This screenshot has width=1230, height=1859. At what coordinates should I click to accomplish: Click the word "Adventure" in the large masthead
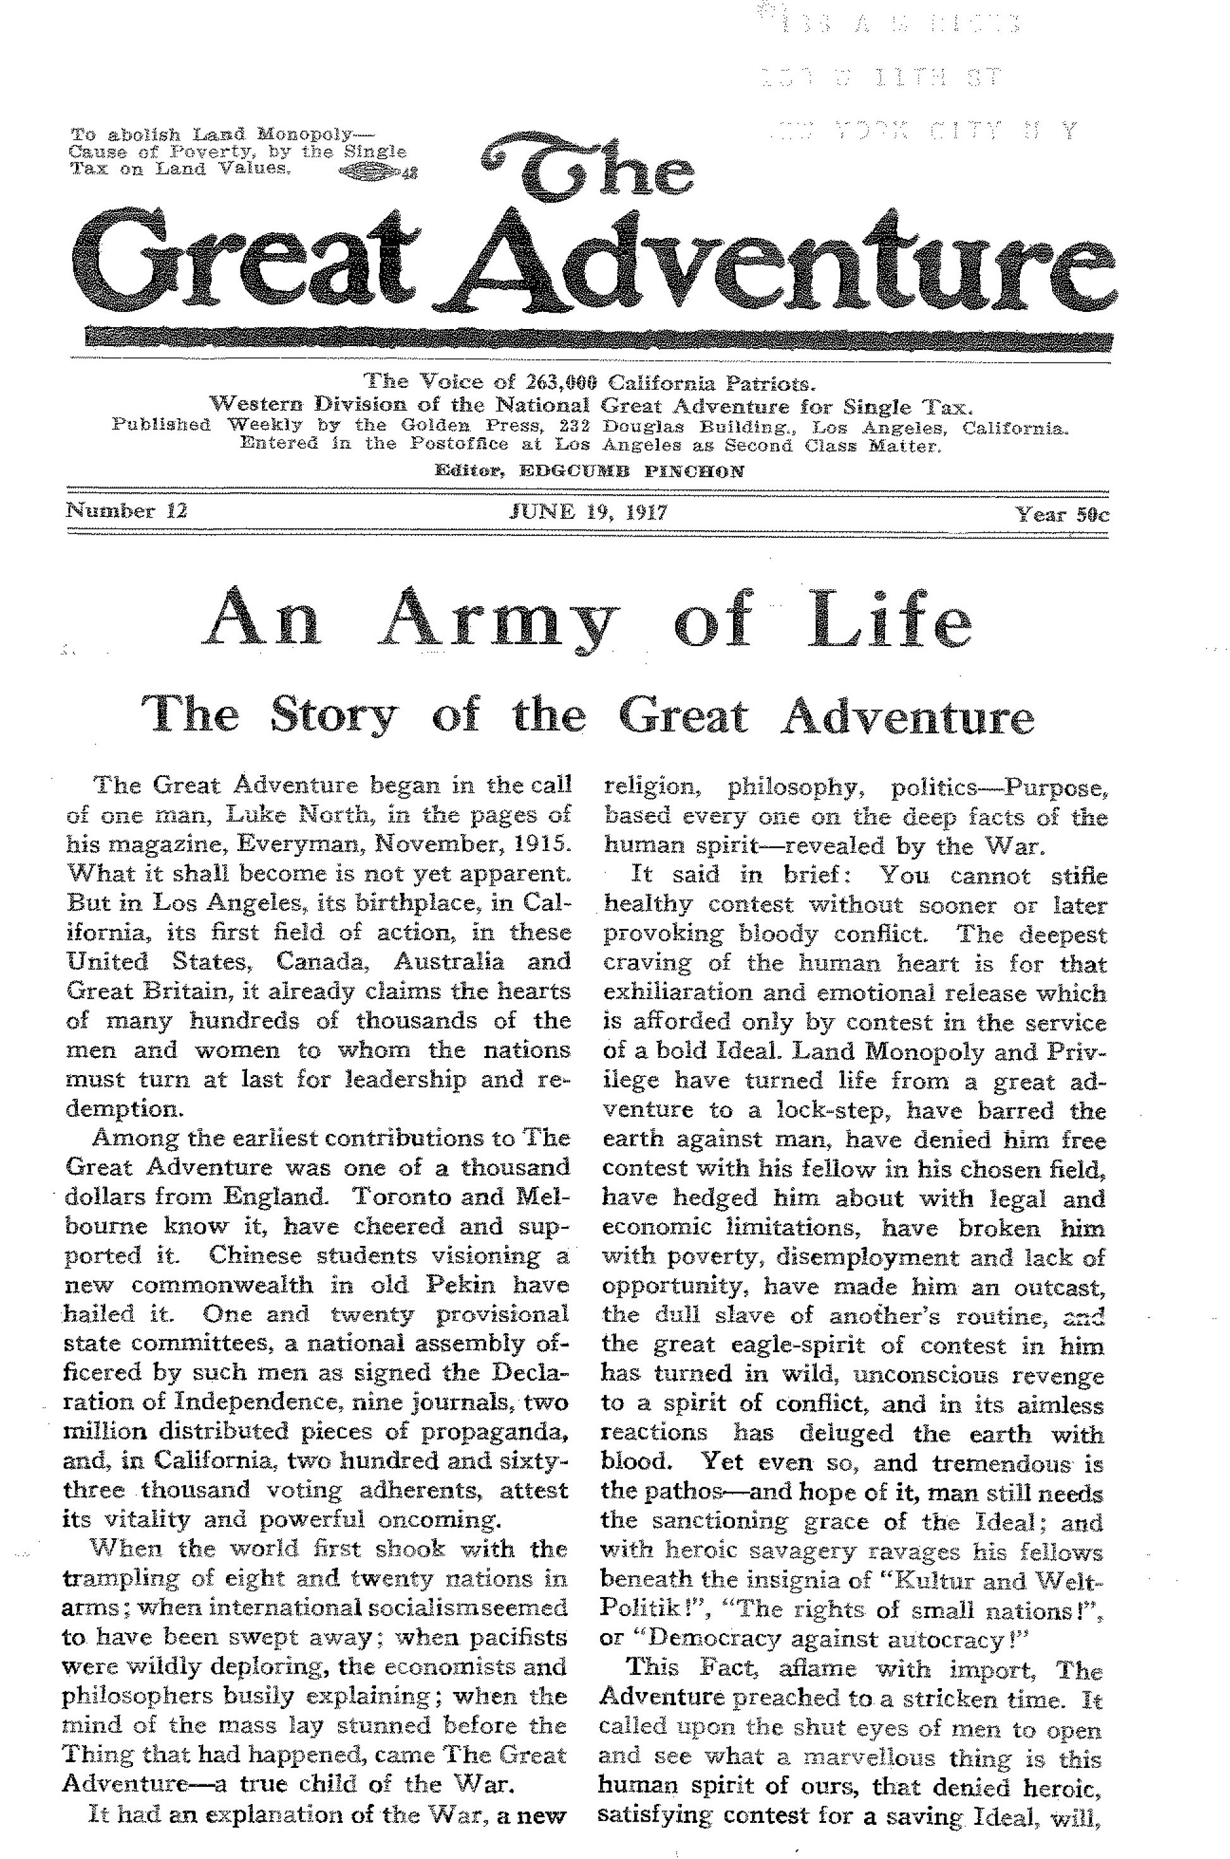tap(784, 266)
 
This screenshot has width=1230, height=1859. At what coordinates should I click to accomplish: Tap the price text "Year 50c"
tap(1062, 514)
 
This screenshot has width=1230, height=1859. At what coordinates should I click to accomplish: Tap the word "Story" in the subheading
tap(334, 715)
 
